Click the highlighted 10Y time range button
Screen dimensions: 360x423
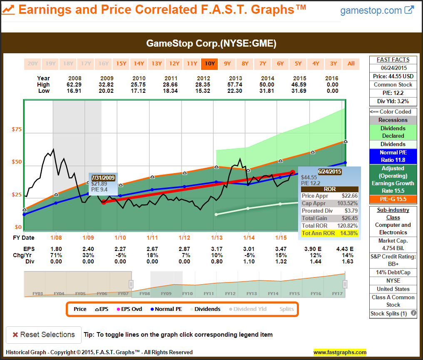click(209, 64)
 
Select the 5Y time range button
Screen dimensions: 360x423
click(298, 64)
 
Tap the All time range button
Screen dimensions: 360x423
click(351, 64)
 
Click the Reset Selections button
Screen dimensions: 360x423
click(44, 335)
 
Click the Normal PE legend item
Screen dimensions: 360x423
click(168, 309)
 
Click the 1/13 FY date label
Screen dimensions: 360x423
click(216, 238)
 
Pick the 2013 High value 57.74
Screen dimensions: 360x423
click(236, 84)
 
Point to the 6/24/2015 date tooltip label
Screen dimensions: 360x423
click(330, 171)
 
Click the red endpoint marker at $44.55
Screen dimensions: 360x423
click(292, 172)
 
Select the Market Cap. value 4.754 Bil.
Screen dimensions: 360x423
click(393, 248)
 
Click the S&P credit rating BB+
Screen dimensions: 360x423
click(393, 264)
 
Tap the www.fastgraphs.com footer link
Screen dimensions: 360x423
click(340, 352)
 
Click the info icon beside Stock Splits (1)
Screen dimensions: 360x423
click(413, 313)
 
